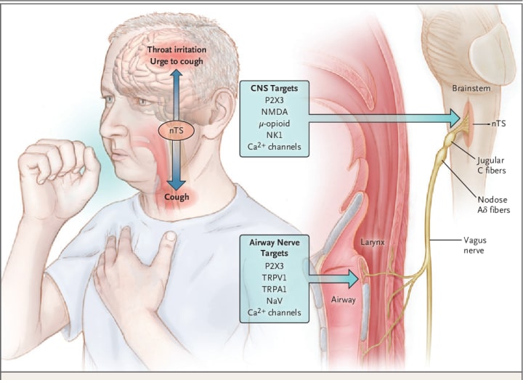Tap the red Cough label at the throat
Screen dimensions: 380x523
(x=177, y=197)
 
